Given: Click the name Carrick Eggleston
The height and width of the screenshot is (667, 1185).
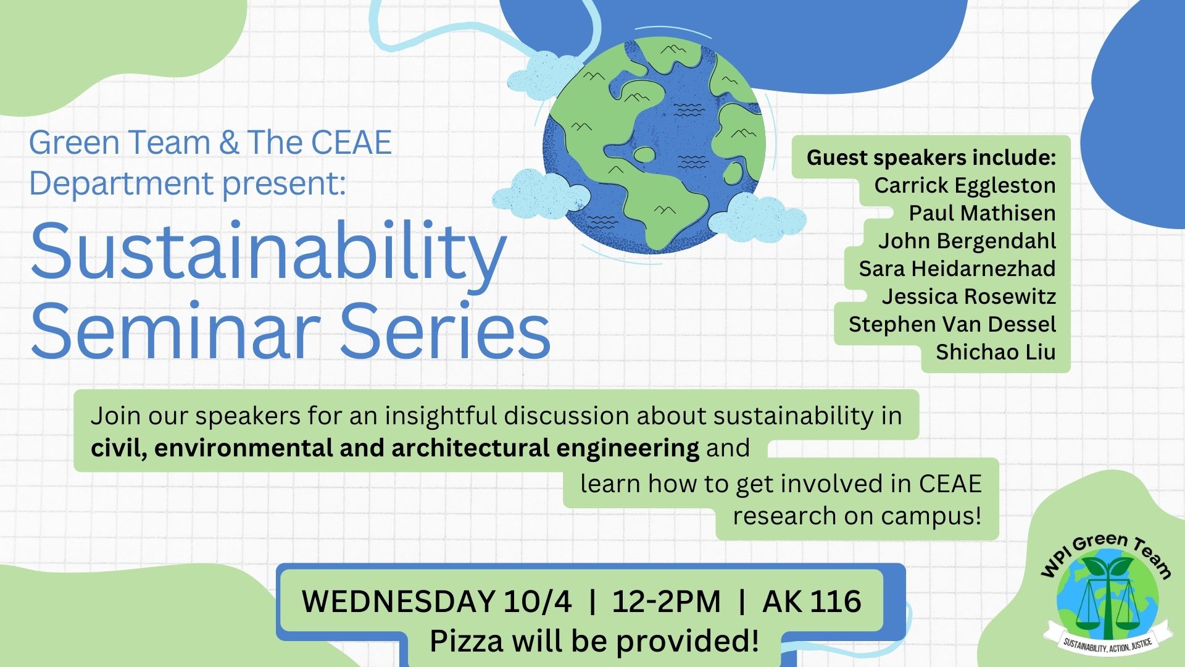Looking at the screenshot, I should [965, 185].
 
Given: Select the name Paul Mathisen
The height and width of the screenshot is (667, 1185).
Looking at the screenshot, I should [982, 213].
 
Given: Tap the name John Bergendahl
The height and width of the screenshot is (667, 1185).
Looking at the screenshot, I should [967, 241].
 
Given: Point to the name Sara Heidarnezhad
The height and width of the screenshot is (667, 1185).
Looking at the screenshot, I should [957, 269].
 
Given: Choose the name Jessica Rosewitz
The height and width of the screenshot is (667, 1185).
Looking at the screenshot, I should [968, 296].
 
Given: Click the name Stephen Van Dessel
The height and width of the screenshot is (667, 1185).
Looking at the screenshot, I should [952, 324].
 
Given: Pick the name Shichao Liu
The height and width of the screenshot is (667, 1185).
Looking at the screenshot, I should [996, 352].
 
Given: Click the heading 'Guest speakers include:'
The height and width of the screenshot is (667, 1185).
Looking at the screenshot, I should [931, 157].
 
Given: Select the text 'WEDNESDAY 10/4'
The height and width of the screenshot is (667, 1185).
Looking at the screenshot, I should [436, 601].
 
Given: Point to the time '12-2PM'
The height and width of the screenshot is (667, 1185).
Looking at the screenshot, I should [667, 601].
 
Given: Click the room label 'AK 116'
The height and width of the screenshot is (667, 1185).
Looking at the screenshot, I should [812, 601].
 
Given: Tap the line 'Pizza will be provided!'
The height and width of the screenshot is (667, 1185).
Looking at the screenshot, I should [594, 641].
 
